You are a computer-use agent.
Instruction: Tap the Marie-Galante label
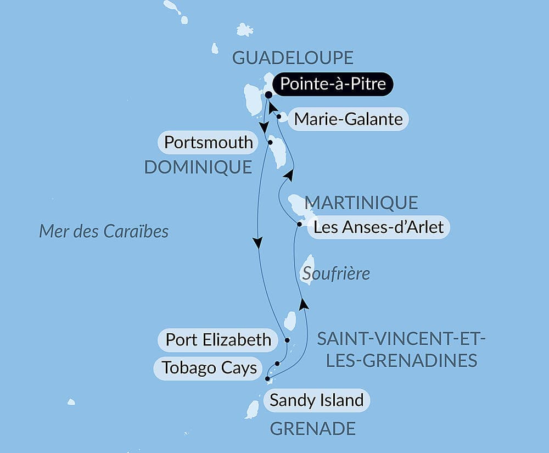(348, 119)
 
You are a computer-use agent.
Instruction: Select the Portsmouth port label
(209, 143)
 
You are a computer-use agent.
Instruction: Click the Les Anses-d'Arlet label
(379, 227)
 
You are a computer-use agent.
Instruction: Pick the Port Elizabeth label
(218, 340)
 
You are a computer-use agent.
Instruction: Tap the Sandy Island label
(316, 400)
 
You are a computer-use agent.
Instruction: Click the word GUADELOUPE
(292, 58)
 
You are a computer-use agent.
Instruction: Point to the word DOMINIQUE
(198, 167)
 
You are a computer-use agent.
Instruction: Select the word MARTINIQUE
(361, 203)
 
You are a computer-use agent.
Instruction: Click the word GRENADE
(312, 428)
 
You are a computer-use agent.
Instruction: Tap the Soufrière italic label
(335, 273)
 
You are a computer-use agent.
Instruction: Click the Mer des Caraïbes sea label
(104, 231)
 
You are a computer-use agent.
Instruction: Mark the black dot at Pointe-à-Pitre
(268, 94)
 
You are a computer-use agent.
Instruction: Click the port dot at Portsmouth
(270, 142)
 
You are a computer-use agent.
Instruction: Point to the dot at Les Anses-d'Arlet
(299, 224)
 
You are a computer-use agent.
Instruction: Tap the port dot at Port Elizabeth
(287, 340)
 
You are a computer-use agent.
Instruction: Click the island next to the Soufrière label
(309, 269)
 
